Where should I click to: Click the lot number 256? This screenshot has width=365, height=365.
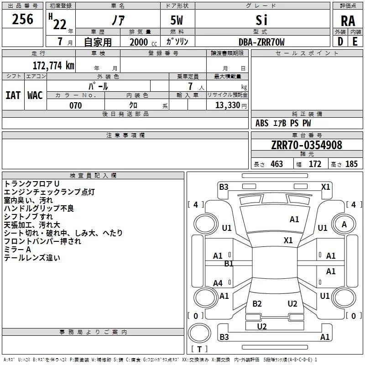(22, 19)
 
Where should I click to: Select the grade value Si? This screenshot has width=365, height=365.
(261, 20)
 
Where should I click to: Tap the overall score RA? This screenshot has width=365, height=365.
(348, 21)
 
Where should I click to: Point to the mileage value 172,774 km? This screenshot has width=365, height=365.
(53, 65)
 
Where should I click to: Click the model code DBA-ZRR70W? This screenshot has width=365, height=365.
(261, 42)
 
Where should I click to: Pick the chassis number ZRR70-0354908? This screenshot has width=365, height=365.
(307, 145)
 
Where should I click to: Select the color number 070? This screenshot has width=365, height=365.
(75, 105)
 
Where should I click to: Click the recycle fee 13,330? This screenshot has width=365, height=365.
(227, 105)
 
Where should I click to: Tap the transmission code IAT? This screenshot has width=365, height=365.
(13, 95)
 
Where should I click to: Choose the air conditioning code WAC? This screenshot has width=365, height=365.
(35, 95)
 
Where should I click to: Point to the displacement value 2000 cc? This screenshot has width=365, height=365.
(143, 42)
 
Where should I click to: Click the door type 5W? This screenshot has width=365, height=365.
(177, 20)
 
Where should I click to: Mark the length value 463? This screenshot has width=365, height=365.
(276, 164)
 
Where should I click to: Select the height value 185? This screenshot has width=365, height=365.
(351, 164)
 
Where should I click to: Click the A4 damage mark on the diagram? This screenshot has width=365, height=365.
(218, 283)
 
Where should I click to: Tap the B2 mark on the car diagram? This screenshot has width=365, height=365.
(257, 303)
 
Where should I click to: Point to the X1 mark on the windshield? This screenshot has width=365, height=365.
(288, 240)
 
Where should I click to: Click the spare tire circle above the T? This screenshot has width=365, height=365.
(199, 333)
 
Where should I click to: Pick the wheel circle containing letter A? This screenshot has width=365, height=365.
(344, 224)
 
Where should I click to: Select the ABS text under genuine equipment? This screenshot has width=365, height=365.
(262, 123)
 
